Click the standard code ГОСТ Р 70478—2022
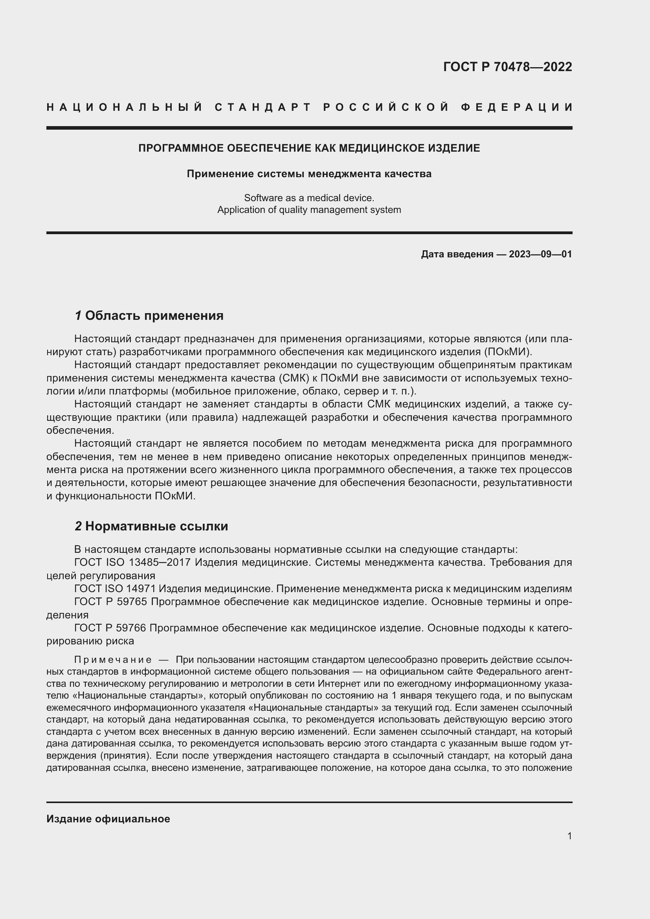pos(507,67)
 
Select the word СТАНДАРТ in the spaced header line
pos(263,107)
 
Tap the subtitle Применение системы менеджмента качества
pos(309,174)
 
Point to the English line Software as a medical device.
pos(309,198)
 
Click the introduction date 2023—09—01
pos(540,254)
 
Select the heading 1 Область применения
pos(149,316)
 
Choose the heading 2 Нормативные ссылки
pos(151,526)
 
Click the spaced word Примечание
pos(113,660)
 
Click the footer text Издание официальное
pos(108,819)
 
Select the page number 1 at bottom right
pos(569,836)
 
